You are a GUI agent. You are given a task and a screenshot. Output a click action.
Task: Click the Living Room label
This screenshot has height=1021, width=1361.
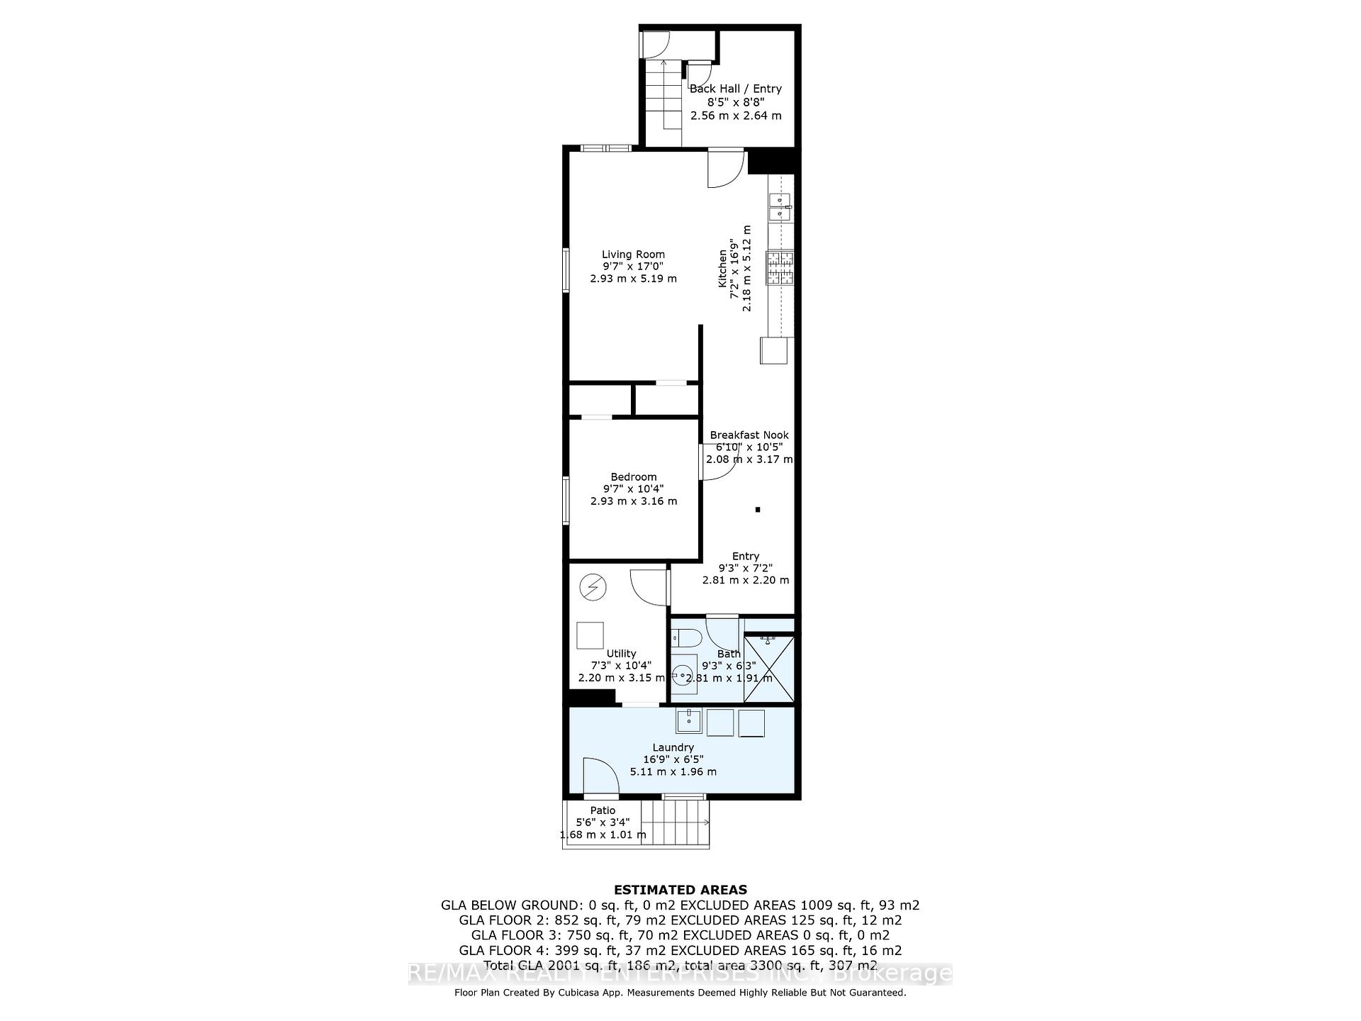[x=633, y=255]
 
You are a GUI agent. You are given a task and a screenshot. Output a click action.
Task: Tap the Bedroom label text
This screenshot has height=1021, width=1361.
[x=633, y=477]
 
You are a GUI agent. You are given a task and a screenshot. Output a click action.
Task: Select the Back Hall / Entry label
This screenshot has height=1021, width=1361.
[x=735, y=89]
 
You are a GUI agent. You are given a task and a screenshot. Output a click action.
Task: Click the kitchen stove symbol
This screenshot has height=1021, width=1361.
[x=780, y=268]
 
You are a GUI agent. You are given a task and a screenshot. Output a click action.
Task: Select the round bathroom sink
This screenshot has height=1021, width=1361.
[x=683, y=674]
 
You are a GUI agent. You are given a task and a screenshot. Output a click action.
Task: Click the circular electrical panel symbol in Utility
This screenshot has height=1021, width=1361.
[x=593, y=587]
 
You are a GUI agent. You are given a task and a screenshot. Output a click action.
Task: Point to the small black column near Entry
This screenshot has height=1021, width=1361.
[x=758, y=509]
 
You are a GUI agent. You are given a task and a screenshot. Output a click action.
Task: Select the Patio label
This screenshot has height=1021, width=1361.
[x=603, y=810]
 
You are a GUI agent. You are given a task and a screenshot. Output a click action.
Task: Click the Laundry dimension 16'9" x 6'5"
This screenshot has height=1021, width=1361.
[x=673, y=759]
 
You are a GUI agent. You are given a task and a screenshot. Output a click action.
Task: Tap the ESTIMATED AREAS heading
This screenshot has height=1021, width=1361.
[x=680, y=890]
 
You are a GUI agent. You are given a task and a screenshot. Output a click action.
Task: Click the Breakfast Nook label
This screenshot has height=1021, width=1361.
[x=749, y=435]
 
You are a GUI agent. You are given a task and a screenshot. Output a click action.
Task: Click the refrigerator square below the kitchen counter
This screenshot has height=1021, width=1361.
[x=774, y=350]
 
